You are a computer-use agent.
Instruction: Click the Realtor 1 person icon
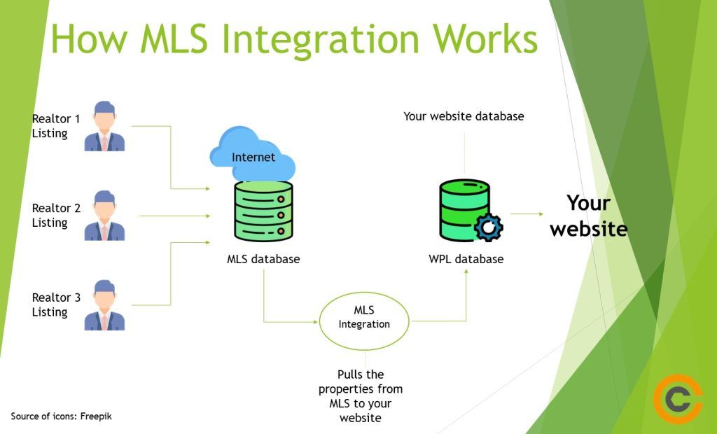[104, 127]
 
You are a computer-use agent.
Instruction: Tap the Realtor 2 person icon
[104, 216]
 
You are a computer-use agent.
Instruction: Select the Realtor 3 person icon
[104, 305]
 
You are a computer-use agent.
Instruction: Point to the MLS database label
[263, 259]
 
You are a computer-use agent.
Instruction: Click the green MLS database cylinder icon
[263, 209]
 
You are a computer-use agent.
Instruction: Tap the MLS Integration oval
[363, 321]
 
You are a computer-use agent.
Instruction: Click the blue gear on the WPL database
[488, 227]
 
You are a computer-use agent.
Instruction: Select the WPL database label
[466, 259]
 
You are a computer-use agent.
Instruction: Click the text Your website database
[464, 116]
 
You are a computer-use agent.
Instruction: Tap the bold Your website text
[588, 216]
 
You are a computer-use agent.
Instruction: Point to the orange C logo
[677, 399]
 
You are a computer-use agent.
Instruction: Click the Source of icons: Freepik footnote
[62, 416]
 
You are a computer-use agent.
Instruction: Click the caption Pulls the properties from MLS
[360, 396]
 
